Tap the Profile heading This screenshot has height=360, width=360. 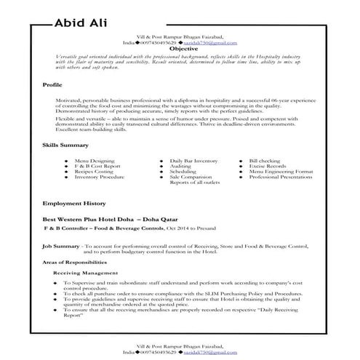click(x=53, y=86)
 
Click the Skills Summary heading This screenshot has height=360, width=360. click(x=65, y=145)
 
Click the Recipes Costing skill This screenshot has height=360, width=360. click(x=94, y=170)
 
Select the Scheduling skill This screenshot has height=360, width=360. click(x=183, y=170)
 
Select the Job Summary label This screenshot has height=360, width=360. click(x=63, y=247)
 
